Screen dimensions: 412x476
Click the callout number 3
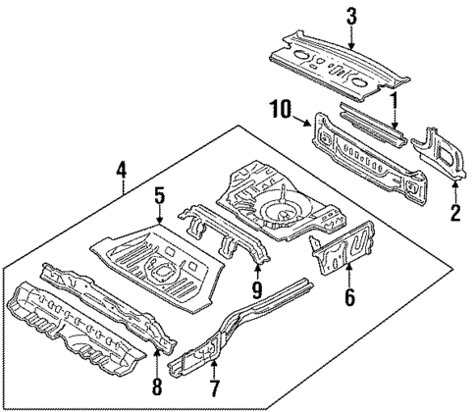pyautogui.click(x=350, y=16)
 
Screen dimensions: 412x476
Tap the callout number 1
pyautogui.click(x=394, y=101)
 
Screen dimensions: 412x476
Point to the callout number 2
pyautogui.click(x=454, y=212)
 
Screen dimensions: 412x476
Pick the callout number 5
pyautogui.click(x=158, y=196)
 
